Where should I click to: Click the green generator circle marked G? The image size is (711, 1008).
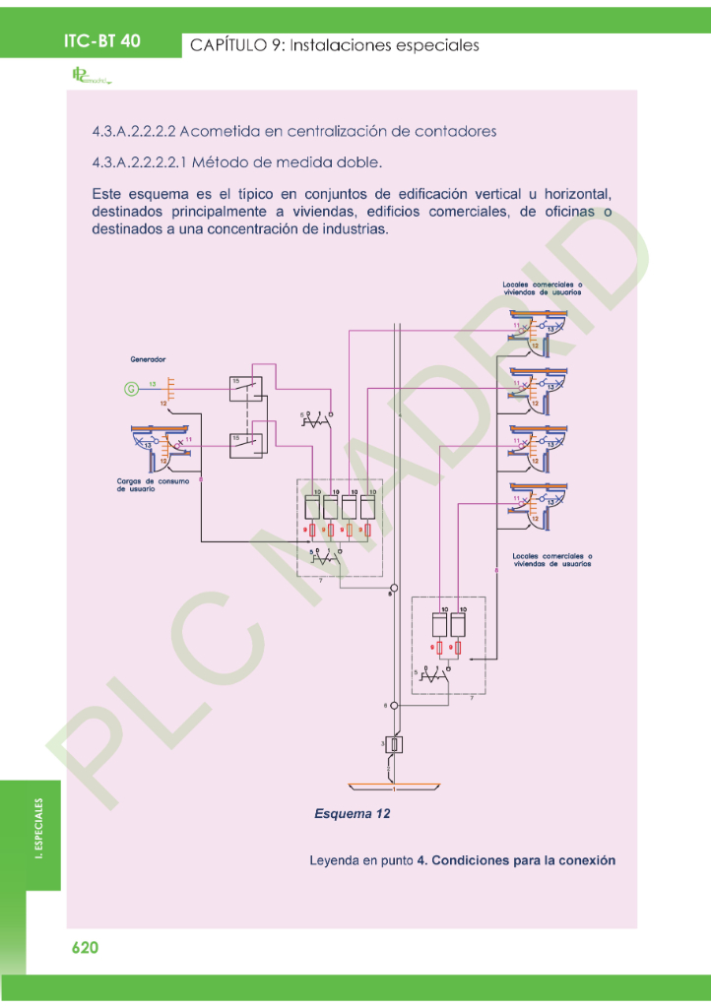130,389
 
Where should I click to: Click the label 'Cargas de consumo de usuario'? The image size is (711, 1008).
140,484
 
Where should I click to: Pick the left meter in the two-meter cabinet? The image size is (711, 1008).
439,623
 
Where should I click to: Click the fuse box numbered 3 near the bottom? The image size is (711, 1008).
394,745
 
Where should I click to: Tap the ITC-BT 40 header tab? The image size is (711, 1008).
102,41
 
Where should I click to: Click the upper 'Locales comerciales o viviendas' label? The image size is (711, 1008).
542,287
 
